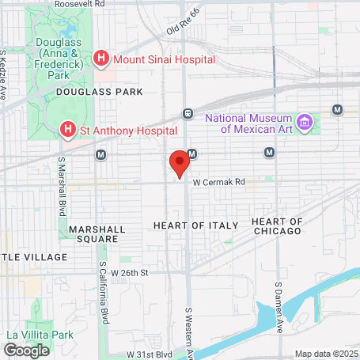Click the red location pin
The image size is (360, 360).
click(x=180, y=163)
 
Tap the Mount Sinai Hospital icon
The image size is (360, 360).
click(x=101, y=58)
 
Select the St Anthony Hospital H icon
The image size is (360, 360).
click(x=69, y=128)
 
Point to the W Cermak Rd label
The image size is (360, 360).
click(x=218, y=181)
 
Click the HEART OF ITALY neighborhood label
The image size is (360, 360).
click(x=194, y=225)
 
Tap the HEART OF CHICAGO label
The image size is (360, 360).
click(x=276, y=225)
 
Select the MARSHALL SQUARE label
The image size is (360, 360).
click(x=97, y=233)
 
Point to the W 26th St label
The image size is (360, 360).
click(x=130, y=272)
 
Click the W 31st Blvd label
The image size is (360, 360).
click(x=151, y=354)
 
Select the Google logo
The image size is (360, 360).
click(x=26, y=350)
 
